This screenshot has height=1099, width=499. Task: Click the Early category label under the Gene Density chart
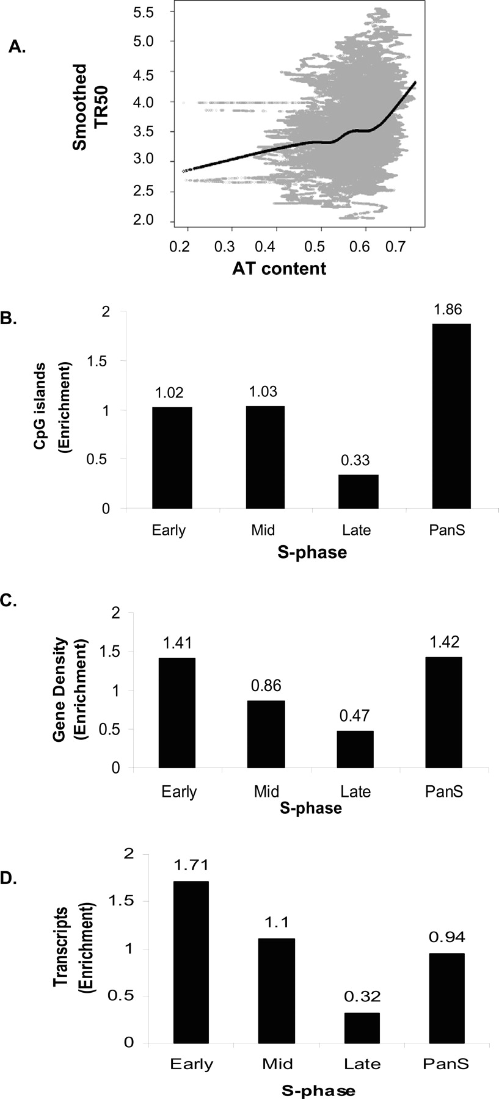point(179,792)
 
